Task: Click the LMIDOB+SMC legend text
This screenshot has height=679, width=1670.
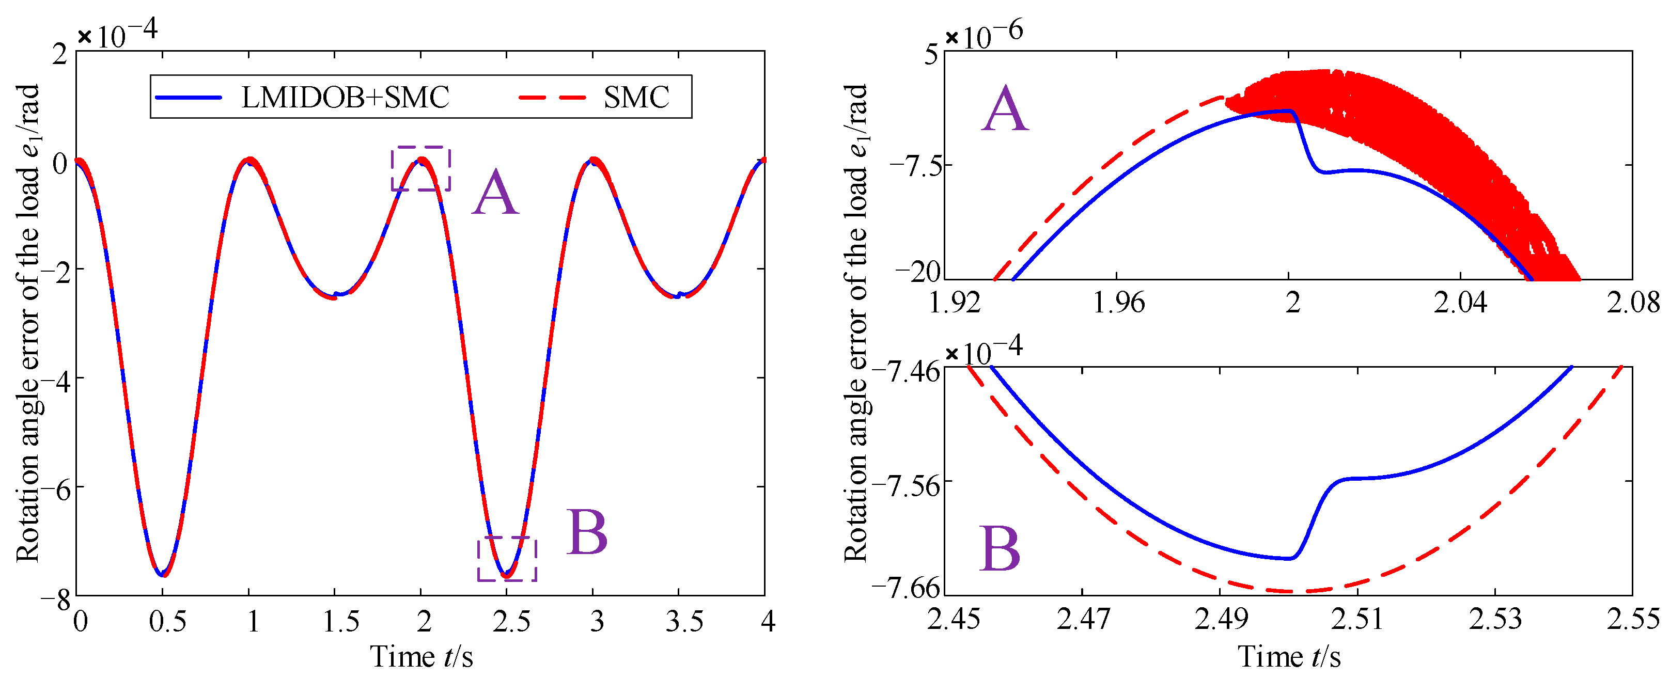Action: click(345, 98)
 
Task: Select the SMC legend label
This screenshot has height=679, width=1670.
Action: click(636, 98)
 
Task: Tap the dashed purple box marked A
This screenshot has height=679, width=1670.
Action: click(421, 168)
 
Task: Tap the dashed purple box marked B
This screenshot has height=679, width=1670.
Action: click(507, 559)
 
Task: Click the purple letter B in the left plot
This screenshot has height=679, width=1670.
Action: click(587, 532)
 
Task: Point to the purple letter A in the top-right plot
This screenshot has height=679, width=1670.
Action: click(1004, 109)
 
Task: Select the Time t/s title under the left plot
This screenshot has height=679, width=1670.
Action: click(422, 657)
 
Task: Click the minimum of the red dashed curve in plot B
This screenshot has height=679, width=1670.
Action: click(1290, 591)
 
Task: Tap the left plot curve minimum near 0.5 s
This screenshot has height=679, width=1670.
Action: click(162, 574)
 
